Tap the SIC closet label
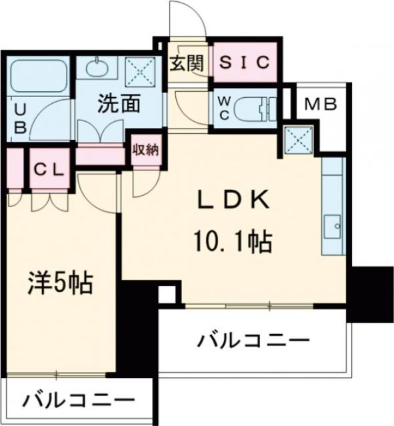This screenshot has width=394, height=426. pyautogui.click(x=244, y=63)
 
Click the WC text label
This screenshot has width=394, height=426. pyautogui.click(x=224, y=106)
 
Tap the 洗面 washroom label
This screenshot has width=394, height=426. pyautogui.click(x=119, y=104)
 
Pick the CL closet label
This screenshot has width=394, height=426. pyautogui.click(x=48, y=168)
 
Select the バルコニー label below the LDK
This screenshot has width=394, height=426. pyautogui.click(x=253, y=342)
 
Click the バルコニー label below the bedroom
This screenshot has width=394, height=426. pyautogui.click(x=77, y=401)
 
